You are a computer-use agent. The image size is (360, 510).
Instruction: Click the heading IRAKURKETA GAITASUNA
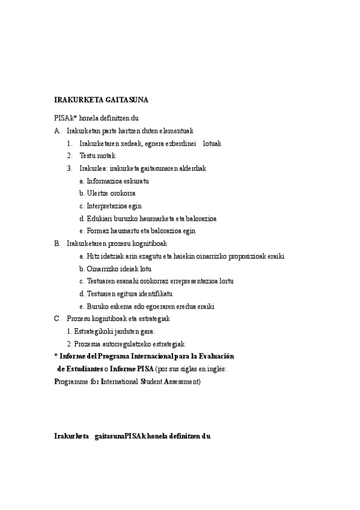(x=101, y=100)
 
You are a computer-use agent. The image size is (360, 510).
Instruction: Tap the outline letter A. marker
(x=58, y=130)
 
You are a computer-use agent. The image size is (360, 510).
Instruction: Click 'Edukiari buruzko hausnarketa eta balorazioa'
(x=151, y=218)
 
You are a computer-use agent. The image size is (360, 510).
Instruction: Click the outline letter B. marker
(x=58, y=244)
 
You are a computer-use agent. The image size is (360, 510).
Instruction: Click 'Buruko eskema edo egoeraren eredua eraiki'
(x=147, y=306)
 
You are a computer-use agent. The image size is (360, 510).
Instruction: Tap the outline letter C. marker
(x=58, y=319)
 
